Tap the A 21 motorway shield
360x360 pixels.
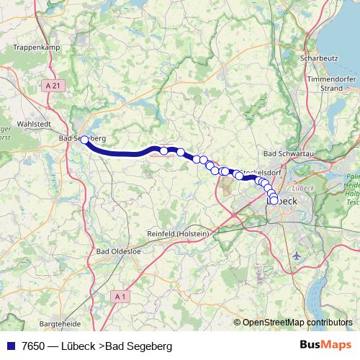coord(50,85)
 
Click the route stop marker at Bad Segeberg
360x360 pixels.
coord(84,140)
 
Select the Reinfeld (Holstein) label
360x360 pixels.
coord(176,235)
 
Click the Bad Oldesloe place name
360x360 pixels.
coord(119,252)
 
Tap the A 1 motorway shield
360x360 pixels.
coord(121,297)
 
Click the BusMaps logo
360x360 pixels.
coord(324,346)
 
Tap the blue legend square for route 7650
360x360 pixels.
coord(10,346)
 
